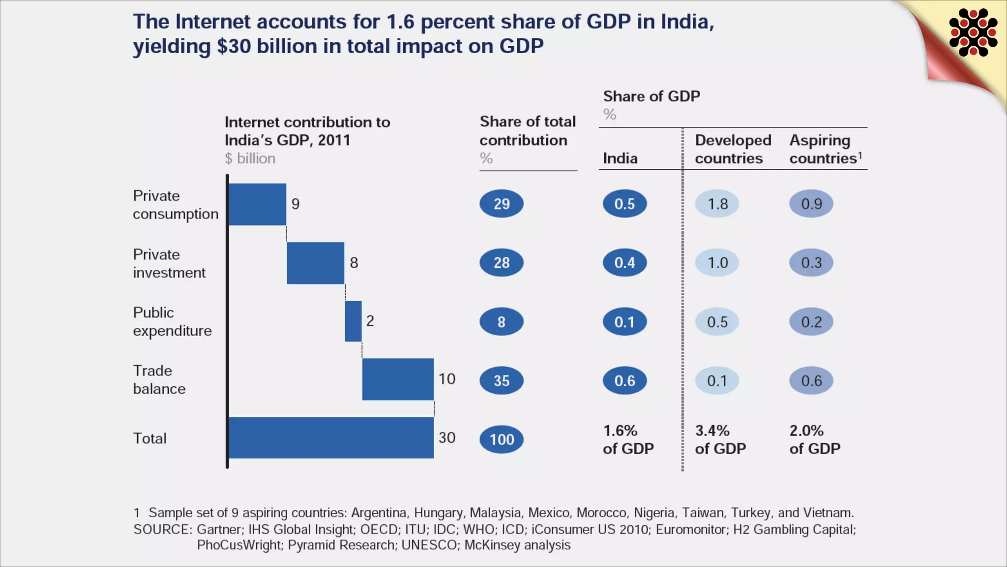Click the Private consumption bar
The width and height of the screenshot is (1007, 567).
[258, 204]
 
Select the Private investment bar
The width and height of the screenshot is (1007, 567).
[315, 263]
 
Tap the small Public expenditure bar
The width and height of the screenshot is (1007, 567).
[353, 321]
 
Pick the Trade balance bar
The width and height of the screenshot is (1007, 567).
[398, 379]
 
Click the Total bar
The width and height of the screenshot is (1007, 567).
[331, 438]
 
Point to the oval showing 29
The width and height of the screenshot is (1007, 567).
[502, 204]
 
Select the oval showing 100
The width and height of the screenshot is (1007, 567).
[502, 439]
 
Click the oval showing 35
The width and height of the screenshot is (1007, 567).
[502, 380]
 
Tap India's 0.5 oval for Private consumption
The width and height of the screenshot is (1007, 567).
[624, 204]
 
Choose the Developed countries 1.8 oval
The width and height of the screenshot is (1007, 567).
[717, 204]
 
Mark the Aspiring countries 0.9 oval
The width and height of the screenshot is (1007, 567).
[811, 204]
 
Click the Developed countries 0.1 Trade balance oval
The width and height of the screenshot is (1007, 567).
[717, 380]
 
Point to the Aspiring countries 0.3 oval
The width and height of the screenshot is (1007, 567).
[811, 263]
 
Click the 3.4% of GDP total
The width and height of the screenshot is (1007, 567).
[720, 440]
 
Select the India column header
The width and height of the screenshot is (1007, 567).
[620, 158]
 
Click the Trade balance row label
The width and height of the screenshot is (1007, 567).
[159, 379]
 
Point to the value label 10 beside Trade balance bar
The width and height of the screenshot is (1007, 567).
[447, 379]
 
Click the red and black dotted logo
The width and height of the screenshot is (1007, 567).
[973, 32]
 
